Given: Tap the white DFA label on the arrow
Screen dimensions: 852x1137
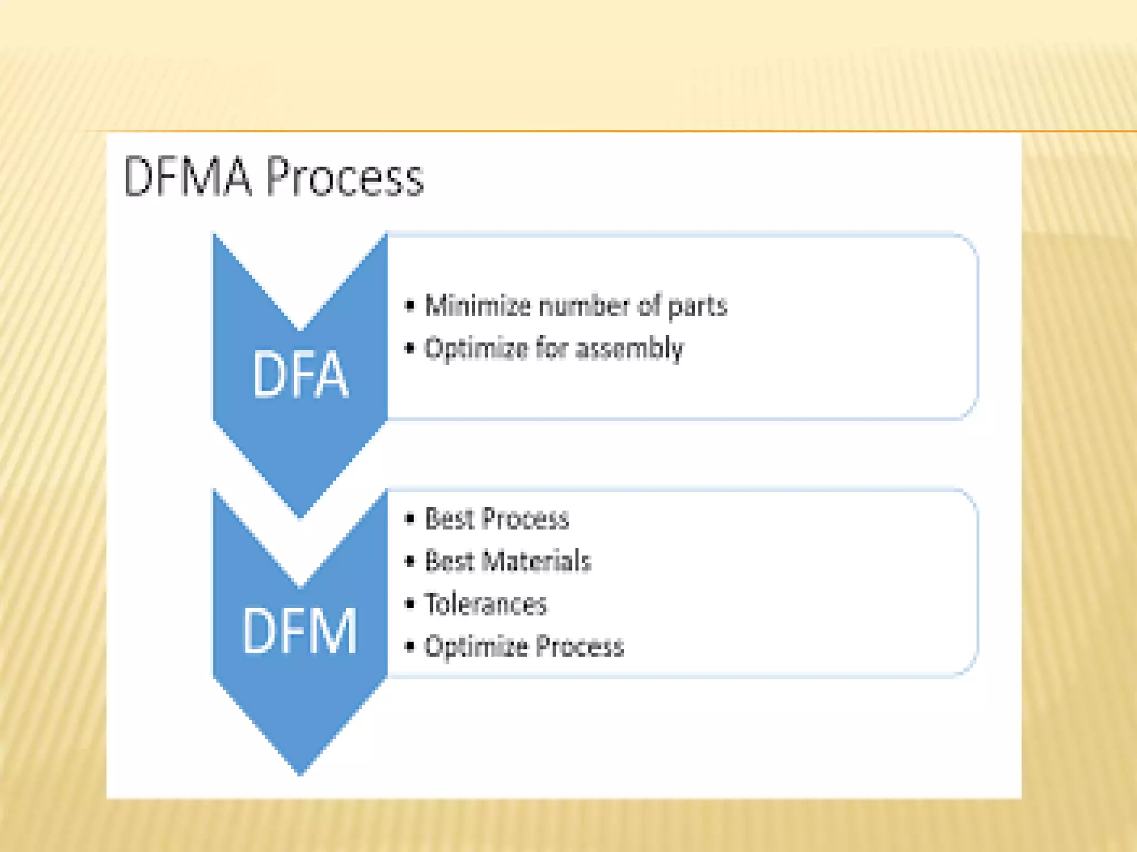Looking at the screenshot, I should (x=300, y=374).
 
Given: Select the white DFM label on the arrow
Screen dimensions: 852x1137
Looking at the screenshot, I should (x=300, y=631).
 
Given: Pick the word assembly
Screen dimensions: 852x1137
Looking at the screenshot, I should (x=630, y=349).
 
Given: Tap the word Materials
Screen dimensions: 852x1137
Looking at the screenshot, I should (x=536, y=561).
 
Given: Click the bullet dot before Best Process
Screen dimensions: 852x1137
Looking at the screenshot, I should (x=410, y=519).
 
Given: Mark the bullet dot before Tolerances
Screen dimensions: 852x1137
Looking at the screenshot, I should (x=410, y=603).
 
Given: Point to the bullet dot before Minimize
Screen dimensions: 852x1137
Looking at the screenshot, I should (x=410, y=305).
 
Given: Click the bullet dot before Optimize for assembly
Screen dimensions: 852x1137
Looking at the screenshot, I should (x=410, y=348).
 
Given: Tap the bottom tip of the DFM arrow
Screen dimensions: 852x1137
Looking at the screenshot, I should (x=300, y=773).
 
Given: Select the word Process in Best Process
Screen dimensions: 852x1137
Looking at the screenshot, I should (x=525, y=519).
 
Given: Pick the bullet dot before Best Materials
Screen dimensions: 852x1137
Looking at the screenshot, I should (x=410, y=561).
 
